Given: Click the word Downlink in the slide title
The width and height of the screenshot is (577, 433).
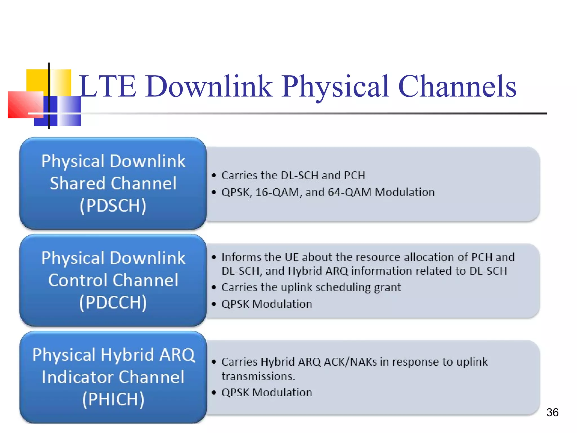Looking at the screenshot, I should [209, 86].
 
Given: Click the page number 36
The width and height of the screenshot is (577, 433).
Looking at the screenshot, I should [552, 412].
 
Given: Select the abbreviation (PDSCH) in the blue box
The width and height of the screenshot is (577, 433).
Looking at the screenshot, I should [113, 206].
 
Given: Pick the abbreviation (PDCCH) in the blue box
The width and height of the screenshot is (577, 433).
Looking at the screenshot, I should [113, 302].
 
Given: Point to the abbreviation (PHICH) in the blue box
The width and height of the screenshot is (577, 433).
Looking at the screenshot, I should [113, 399].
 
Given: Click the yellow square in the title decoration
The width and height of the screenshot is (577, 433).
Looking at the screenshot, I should [37, 80].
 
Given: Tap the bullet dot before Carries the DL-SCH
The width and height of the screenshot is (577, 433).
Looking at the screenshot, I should [214, 176].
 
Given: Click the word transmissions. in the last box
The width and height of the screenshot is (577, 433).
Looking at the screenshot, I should [258, 376].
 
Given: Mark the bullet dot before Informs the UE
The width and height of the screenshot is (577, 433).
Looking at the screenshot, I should [214, 257].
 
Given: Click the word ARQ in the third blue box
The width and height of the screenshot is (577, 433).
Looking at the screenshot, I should [177, 355].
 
